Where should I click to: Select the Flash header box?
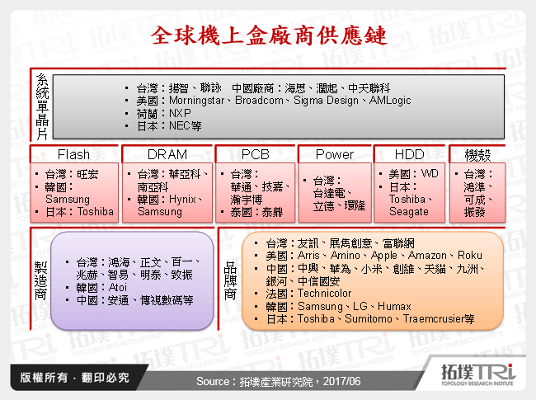tap(73, 154)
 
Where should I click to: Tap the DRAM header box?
tap(167, 154)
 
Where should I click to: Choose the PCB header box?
tap(261, 154)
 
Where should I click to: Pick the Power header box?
tap(335, 154)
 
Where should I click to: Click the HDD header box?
tap(409, 154)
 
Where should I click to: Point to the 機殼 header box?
tap(477, 154)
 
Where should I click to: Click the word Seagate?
tap(409, 211)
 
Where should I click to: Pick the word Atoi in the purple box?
tap(120, 288)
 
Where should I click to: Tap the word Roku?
tap(470, 256)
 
